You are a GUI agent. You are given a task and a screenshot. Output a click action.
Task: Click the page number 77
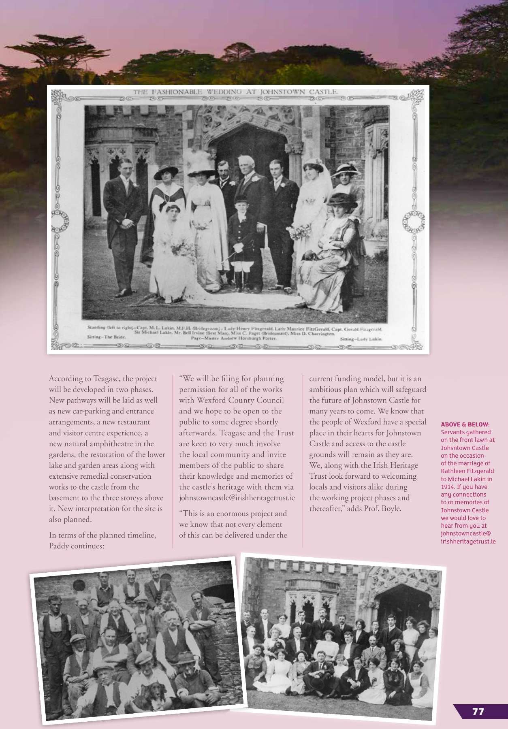[478, 712]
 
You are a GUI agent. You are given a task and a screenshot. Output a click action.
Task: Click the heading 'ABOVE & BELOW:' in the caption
[465, 424]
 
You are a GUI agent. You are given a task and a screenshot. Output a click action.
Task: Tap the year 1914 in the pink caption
[448, 487]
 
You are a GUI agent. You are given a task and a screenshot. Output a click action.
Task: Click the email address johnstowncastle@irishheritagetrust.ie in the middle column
[237, 498]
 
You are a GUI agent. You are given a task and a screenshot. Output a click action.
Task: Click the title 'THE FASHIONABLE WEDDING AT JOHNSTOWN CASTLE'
[236, 92]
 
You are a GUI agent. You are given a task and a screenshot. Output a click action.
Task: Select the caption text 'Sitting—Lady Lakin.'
[361, 339]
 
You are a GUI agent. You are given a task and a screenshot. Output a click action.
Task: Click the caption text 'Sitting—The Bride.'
[107, 337]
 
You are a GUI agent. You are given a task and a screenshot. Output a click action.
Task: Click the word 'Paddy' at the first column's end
[59, 546]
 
